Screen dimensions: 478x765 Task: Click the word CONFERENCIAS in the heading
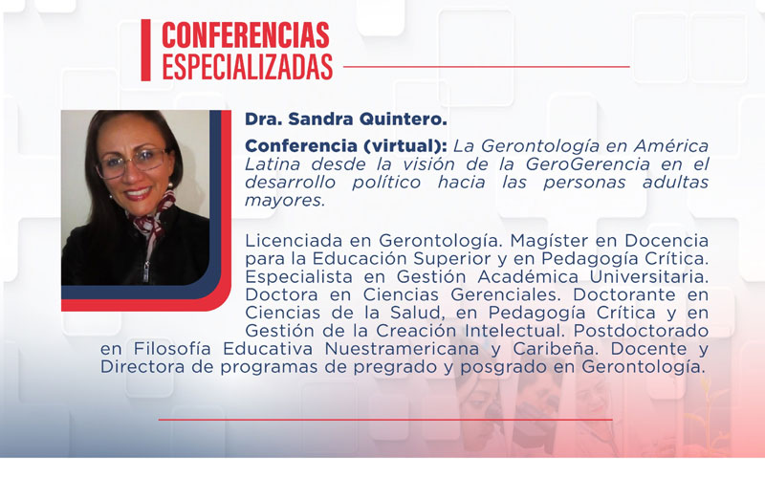pyautogui.click(x=246, y=35)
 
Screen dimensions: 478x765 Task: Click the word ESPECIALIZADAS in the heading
pyautogui.click(x=247, y=66)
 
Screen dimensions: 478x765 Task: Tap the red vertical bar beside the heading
pyautogui.click(x=145, y=50)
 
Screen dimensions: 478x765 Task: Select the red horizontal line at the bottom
pyautogui.click(x=384, y=419)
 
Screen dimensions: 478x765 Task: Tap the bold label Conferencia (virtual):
pyautogui.click(x=345, y=146)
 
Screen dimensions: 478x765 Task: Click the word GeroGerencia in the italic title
pyautogui.click(x=598, y=164)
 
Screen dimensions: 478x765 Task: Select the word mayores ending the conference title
pyautogui.click(x=284, y=201)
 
